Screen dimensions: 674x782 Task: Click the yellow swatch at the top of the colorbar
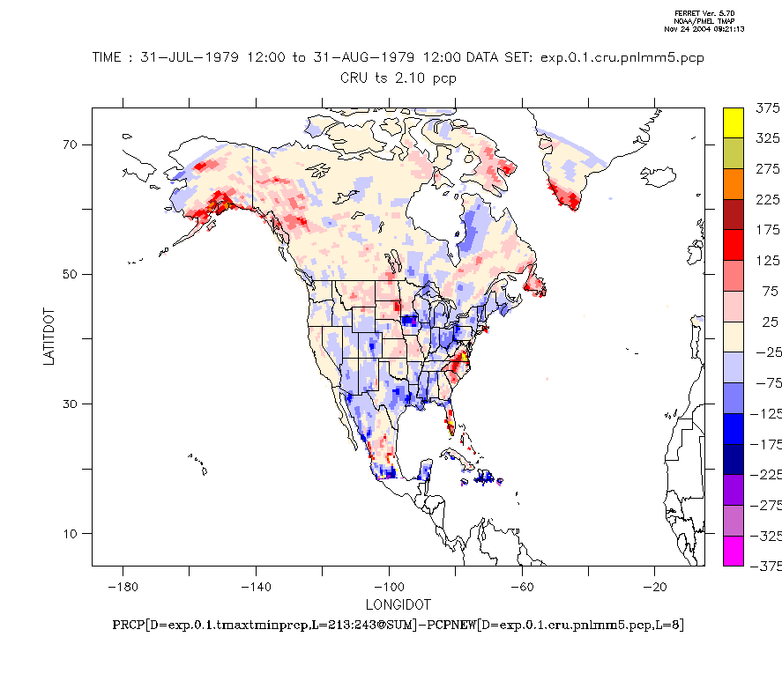tap(733, 123)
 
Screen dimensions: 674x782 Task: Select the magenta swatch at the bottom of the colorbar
tap(733, 550)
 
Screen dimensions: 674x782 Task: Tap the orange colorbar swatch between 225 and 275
tap(733, 184)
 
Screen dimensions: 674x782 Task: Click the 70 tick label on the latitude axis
tap(71, 144)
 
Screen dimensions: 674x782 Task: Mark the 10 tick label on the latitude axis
tap(71, 533)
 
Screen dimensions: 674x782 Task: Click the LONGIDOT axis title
tap(398, 604)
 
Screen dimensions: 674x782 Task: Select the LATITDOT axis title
tap(50, 337)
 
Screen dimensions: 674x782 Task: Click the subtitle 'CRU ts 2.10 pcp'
tap(398, 78)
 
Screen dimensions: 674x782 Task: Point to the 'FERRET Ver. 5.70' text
tap(697, 13)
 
